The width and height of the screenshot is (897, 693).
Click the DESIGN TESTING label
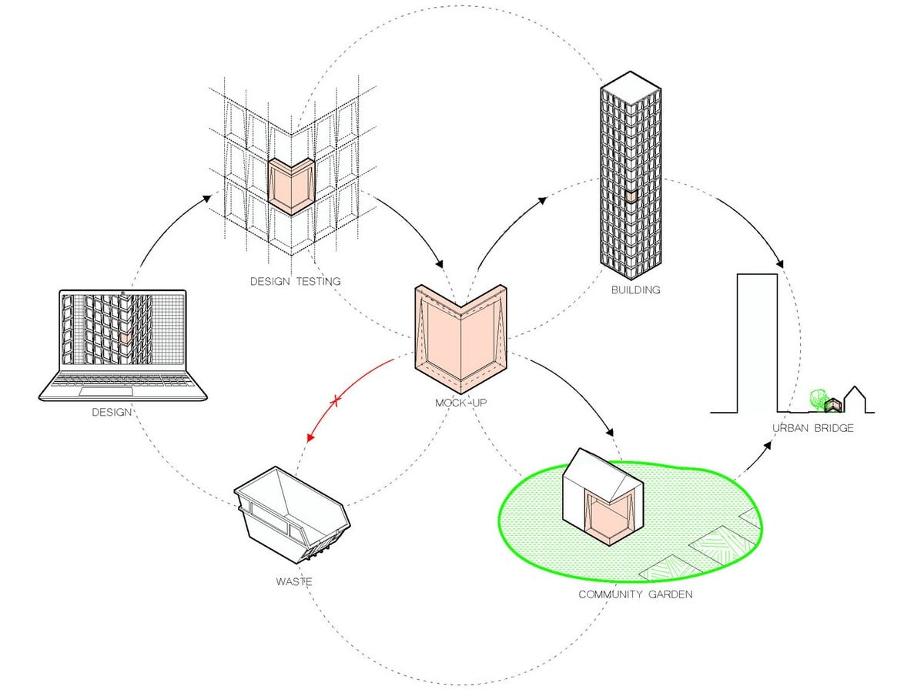(295, 281)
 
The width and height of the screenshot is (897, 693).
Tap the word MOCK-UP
(460, 403)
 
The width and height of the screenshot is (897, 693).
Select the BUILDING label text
(635, 290)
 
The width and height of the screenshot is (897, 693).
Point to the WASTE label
(294, 581)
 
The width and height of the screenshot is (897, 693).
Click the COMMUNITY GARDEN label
(635, 594)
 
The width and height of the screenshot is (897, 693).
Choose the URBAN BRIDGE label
(812, 428)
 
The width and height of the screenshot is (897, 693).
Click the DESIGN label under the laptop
(112, 412)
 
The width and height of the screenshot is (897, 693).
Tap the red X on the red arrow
(336, 401)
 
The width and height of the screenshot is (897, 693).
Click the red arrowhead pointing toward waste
(310, 437)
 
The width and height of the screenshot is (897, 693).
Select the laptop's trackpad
(106, 391)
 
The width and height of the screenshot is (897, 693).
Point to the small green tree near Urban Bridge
(818, 398)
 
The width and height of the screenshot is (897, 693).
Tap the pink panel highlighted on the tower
(631, 196)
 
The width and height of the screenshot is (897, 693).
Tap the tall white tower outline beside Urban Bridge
(757, 342)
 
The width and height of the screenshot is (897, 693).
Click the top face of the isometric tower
(631, 89)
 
